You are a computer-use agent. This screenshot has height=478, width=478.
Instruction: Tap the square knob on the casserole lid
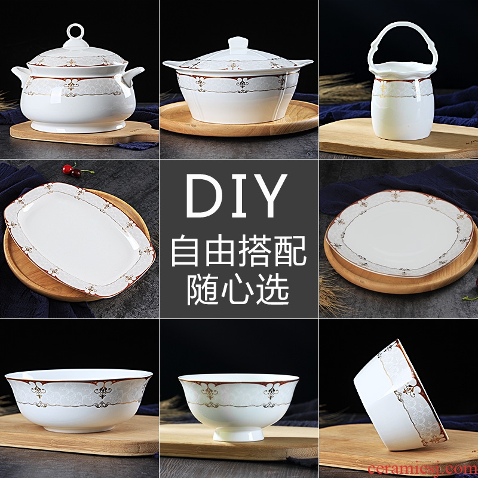pyautogui.click(x=238, y=45)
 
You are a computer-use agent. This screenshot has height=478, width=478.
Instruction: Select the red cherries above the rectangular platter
pyautogui.click(x=72, y=170)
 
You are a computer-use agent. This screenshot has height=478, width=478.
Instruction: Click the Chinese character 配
pyautogui.click(x=290, y=250)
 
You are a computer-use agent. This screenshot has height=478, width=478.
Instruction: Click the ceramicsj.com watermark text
pyautogui.click(x=422, y=468)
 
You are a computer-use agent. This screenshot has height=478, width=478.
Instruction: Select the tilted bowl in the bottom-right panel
pyautogui.click(x=400, y=395)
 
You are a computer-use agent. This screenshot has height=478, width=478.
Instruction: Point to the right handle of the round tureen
pyautogui.click(x=132, y=75)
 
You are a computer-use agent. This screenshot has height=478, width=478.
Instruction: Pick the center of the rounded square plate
pyautogui.click(x=400, y=233)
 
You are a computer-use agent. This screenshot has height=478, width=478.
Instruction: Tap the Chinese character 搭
pyautogui.click(x=255, y=250)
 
